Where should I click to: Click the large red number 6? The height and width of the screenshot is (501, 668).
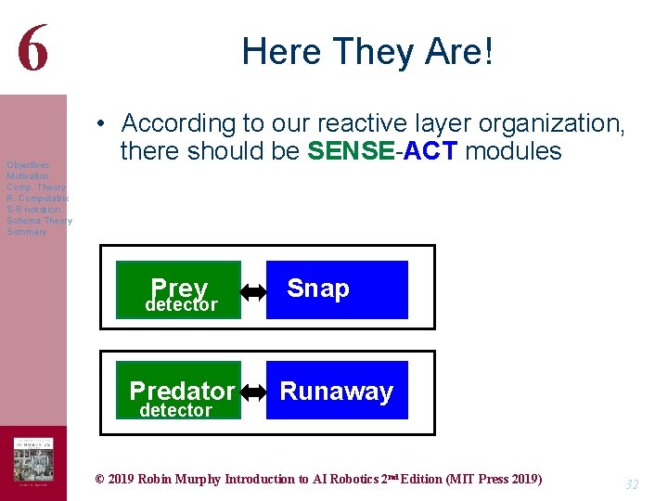[32, 47]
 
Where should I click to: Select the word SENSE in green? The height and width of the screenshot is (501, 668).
[349, 151]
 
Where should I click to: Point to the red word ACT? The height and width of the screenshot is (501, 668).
[430, 151]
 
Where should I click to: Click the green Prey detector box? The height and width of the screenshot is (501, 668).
[178, 290]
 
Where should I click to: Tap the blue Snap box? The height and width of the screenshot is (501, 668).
[337, 289]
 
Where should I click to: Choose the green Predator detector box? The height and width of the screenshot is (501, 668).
[178, 391]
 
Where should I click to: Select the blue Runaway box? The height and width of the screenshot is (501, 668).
[337, 391]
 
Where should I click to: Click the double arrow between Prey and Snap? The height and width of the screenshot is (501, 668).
[253, 291]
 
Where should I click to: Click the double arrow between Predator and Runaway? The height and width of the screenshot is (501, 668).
[253, 392]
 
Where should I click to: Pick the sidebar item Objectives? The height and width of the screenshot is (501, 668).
[28, 165]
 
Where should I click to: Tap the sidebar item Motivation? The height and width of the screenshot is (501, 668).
[28, 176]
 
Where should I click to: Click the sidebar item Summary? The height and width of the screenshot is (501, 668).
[26, 232]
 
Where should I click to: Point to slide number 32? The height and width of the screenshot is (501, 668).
[632, 484]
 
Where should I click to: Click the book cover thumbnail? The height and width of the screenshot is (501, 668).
[33, 461]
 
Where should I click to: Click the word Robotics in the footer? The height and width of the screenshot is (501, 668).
[353, 480]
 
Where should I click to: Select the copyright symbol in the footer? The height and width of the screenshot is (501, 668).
[100, 480]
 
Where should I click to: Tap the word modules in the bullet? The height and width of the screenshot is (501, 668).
[513, 151]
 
